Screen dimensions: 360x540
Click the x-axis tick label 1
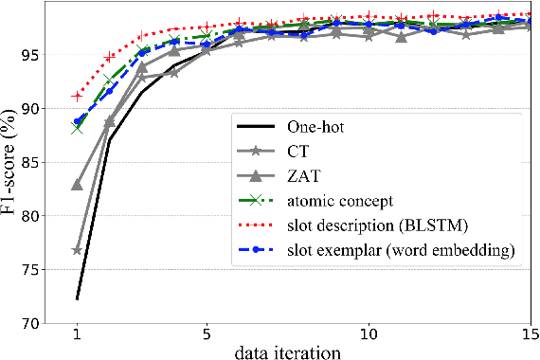coord(77,334)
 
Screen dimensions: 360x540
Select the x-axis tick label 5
coord(207,334)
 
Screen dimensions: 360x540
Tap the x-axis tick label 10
coord(369,334)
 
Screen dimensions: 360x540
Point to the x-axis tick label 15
coord(530,334)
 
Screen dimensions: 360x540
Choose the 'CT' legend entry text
coord(297,151)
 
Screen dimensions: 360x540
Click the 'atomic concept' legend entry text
coord(339,201)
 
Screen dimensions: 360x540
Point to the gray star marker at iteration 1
coord(77,250)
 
